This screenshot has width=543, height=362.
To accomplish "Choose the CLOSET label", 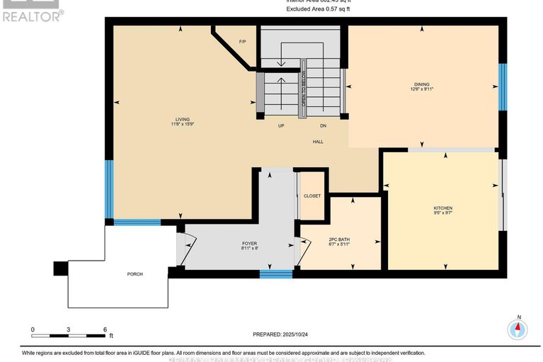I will coord(312,196).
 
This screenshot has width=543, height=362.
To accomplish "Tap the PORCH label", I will coord(135,274).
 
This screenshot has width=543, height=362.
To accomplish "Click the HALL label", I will coord(319,142).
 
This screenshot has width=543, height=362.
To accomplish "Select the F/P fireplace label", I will coord(241,42).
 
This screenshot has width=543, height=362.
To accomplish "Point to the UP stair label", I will coord(280,126).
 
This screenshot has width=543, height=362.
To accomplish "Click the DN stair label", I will coord(324,126).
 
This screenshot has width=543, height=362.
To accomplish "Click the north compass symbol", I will coord(518,329).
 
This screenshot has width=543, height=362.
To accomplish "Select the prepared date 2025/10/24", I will coord(281,334).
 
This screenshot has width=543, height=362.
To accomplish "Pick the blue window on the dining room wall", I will coord(503,87).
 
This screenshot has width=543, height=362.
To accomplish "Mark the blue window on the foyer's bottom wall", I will coord(276,273).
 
